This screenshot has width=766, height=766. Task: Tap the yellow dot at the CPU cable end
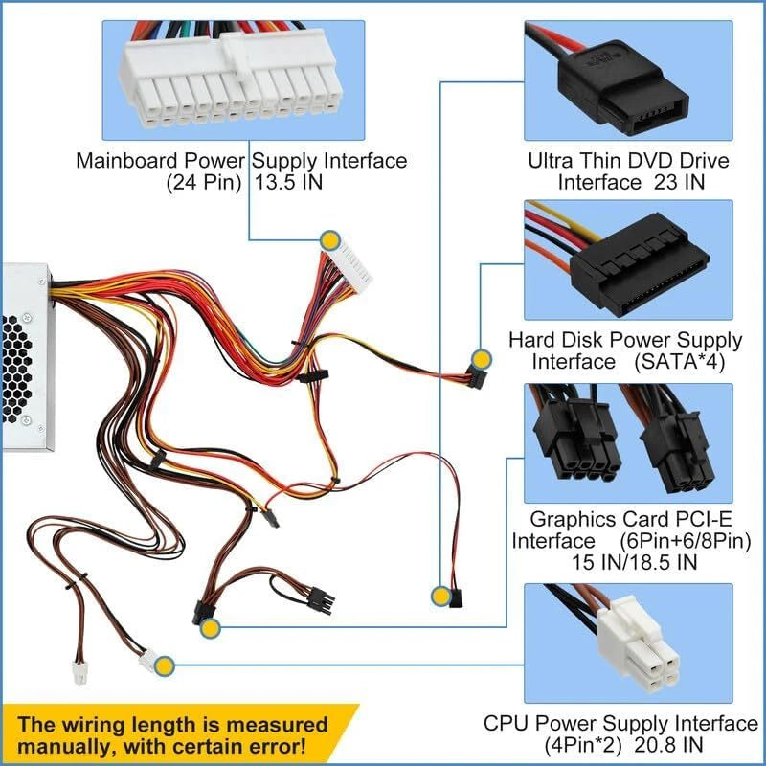tap(165, 664)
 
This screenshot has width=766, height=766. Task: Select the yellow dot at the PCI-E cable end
tap(211, 628)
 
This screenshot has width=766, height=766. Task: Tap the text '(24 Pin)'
tap(203, 184)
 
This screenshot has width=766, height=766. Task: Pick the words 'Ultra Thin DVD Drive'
tap(628, 160)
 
